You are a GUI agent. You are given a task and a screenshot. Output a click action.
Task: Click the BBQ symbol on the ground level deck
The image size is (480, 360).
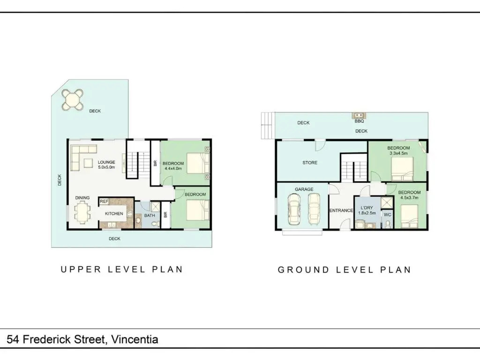point(359,115)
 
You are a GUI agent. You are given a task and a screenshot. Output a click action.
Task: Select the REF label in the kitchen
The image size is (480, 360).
point(104,202)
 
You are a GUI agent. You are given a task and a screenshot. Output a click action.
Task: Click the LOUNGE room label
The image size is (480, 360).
point(106,162)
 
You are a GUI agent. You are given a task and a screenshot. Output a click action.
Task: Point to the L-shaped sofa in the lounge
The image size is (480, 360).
point(80,155)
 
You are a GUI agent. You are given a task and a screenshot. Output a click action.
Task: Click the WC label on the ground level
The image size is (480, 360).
point(388,215)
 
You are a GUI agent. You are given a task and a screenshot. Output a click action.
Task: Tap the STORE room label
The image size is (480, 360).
point(310,163)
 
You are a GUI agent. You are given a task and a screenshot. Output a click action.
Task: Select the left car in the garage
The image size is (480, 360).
point(294,210)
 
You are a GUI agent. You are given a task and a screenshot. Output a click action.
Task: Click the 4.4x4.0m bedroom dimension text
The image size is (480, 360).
point(173,168)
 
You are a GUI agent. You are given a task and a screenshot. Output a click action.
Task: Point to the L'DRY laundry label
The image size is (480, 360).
point(367,208)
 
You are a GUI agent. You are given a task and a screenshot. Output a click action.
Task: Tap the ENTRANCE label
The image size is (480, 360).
point(341,210)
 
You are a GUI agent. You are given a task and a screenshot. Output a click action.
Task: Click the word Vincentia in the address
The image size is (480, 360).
point(135,339)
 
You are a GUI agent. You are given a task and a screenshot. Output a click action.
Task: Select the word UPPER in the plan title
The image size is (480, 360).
point(81,270)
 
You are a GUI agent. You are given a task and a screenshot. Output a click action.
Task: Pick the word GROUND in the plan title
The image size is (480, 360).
point(303,270)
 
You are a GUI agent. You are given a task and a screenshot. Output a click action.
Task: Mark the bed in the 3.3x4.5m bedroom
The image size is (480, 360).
point(403,169)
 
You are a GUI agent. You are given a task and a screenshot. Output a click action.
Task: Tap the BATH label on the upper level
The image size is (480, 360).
point(150,216)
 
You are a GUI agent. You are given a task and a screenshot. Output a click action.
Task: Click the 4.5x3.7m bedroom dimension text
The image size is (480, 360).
point(409,198)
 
